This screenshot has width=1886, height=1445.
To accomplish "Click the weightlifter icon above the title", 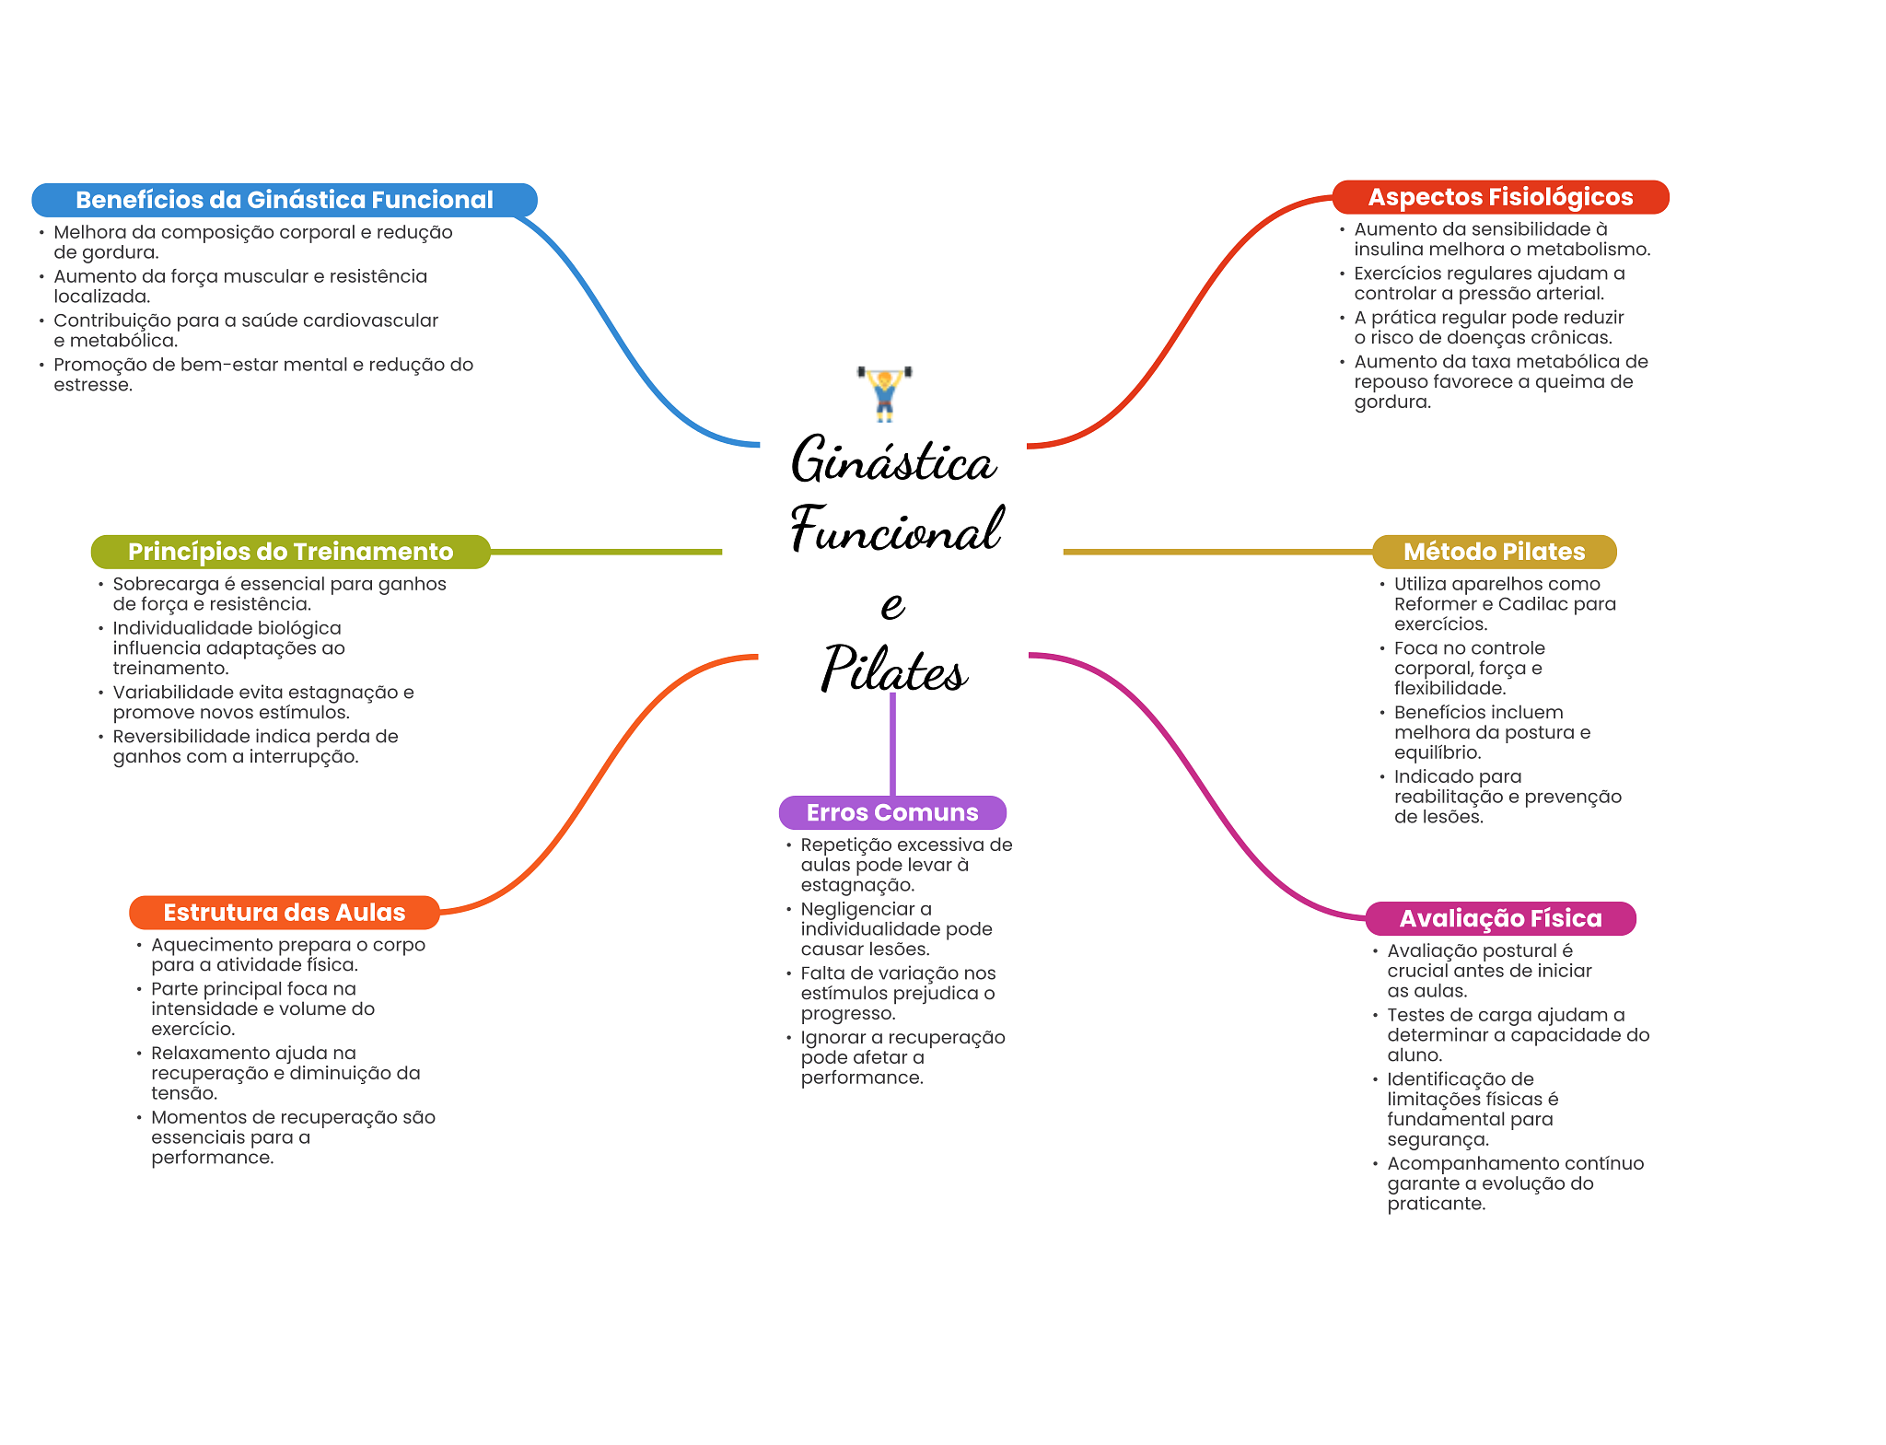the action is click(884, 393).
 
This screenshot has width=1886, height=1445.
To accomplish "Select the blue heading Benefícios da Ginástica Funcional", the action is click(285, 200).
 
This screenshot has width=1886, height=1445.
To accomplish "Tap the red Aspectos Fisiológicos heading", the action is click(1500, 197).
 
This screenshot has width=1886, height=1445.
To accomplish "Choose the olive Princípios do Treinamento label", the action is click(290, 552).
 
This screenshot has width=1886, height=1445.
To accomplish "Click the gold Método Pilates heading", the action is click(1494, 552).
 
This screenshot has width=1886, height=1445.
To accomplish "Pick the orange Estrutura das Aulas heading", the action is click(285, 913).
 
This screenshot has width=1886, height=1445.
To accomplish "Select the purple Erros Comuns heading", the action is click(892, 812).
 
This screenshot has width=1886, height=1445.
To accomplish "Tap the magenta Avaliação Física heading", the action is click(1500, 918).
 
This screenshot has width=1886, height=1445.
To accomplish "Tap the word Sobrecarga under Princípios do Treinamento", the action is click(166, 584).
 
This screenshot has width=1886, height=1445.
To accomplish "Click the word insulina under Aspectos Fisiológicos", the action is click(1389, 250).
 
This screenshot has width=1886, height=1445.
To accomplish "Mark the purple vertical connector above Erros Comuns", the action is click(892, 745).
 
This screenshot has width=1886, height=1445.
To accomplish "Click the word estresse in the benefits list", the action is click(93, 385).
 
